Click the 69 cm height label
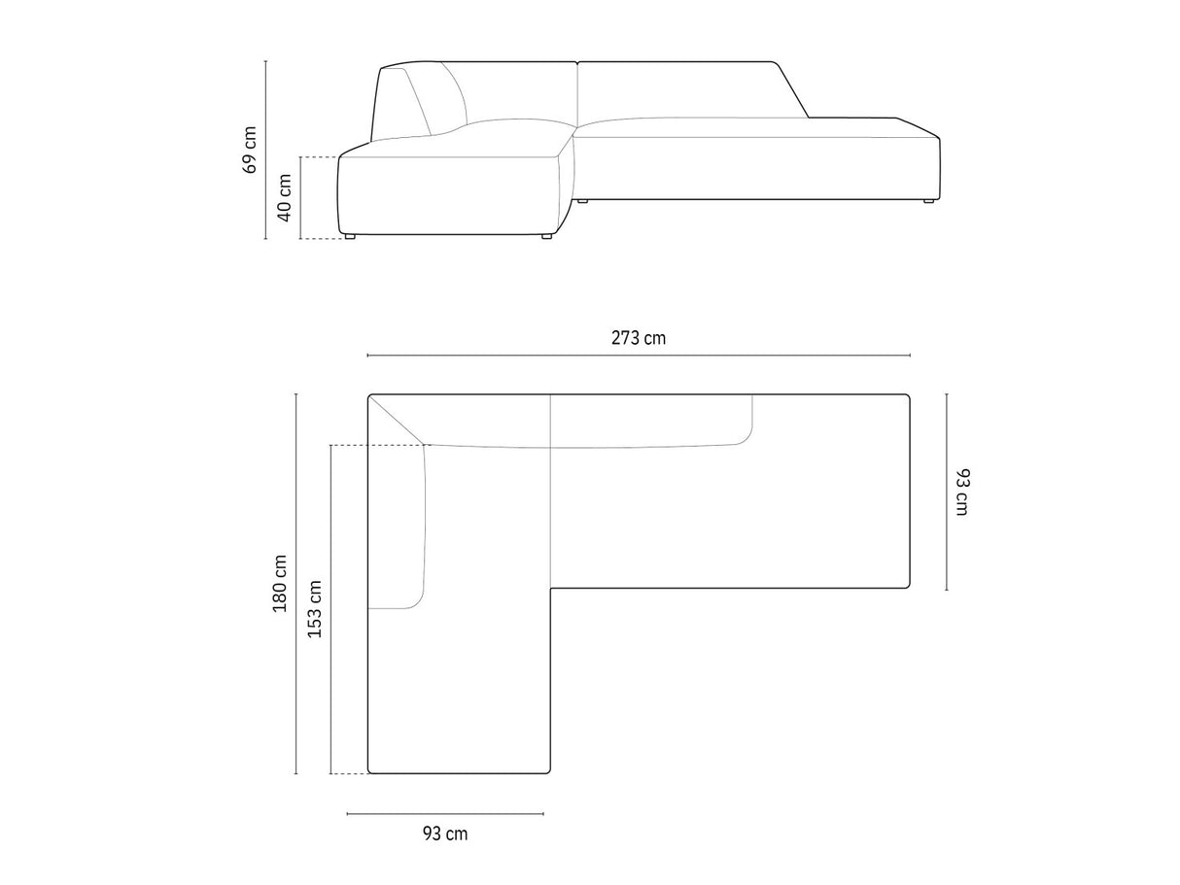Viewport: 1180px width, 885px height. [x=250, y=150]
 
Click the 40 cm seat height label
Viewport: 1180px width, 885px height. [x=284, y=197]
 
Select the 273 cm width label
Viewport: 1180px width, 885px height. [x=639, y=338]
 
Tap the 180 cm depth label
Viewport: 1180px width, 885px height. [x=280, y=583]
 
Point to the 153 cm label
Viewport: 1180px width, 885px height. [x=315, y=609]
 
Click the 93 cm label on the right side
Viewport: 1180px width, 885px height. [x=962, y=493]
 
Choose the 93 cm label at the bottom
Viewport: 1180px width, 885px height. [x=445, y=834]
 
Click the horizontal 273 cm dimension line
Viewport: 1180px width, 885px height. [x=639, y=356]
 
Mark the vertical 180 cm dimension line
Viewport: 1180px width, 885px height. [x=296, y=584]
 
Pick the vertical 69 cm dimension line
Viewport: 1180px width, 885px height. [x=265, y=150]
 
